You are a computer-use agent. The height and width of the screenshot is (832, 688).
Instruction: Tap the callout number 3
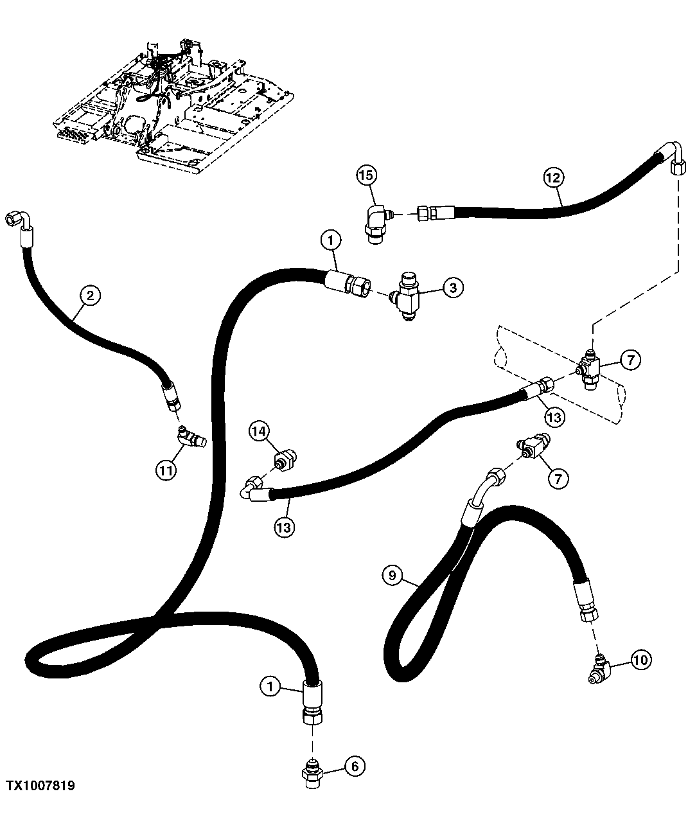[453, 288]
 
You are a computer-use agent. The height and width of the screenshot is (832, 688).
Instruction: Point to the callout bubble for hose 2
[90, 296]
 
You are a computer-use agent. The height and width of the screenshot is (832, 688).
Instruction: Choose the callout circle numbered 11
[166, 470]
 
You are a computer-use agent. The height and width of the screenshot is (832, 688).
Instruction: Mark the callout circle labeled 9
[393, 576]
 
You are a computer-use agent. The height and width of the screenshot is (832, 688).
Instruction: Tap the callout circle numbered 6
[355, 765]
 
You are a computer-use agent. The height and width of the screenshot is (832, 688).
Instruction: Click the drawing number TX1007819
[41, 786]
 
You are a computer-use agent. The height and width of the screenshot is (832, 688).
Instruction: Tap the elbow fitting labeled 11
[191, 439]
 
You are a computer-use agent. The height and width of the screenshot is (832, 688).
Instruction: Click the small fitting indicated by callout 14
[283, 460]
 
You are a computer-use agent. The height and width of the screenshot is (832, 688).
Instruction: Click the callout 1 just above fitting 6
[270, 687]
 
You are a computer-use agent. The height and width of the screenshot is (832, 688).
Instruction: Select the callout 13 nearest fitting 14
[285, 527]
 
